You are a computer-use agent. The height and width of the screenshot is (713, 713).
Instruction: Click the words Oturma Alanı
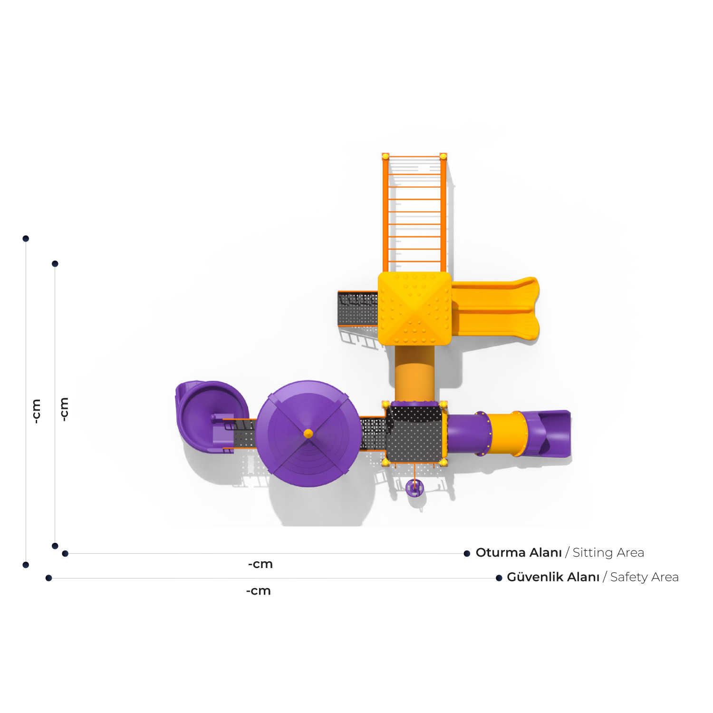[519, 553]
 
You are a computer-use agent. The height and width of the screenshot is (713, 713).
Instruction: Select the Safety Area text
[644, 577]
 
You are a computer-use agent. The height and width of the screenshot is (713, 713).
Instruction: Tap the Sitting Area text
[608, 553]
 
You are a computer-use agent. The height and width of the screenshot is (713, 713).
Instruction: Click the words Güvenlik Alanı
[553, 577]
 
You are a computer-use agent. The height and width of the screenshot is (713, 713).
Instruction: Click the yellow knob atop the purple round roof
[308, 434]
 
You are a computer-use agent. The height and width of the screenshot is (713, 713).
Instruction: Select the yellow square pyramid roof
[414, 308]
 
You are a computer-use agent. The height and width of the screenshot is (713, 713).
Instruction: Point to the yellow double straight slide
[495, 308]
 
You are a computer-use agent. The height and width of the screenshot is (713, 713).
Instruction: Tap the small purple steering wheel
[414, 488]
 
